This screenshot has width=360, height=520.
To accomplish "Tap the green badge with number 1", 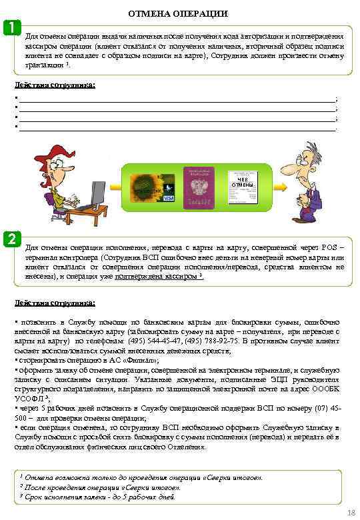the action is click(11, 27).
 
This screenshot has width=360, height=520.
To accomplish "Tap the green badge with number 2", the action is click(11, 239).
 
